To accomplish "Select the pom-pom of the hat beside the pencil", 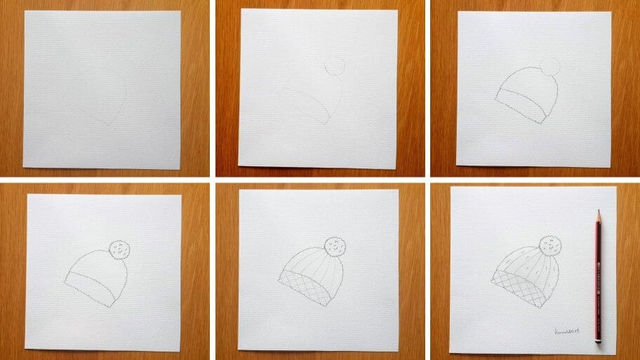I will click(x=549, y=246).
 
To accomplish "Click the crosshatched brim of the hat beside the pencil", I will click(x=518, y=288).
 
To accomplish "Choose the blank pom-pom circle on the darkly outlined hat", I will click(x=549, y=68).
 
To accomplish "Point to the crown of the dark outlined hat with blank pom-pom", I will click(x=530, y=87).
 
